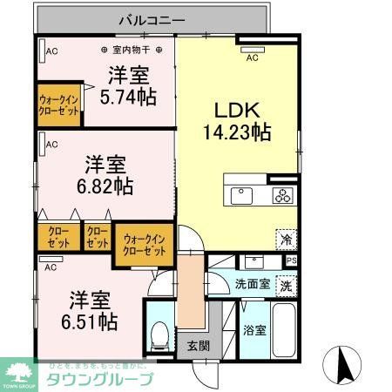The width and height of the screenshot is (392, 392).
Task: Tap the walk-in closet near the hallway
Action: point(145,245)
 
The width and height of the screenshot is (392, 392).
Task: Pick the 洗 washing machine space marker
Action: point(286,286)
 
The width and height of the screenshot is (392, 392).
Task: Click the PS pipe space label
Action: point(292,260)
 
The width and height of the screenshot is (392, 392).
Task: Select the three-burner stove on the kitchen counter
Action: point(283,193)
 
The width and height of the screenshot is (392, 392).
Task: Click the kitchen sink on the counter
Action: point(239,193)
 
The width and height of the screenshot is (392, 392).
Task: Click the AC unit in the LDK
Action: point(252,51)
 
